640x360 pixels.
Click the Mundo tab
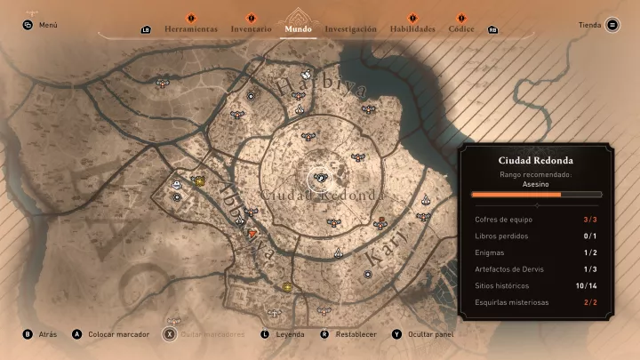(298, 29)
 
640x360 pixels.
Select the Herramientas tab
(191, 29)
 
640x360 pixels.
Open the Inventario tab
(251, 29)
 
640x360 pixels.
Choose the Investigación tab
(350, 29)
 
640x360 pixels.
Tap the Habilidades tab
(412, 29)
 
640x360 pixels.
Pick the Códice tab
(461, 29)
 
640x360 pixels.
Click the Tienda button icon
(612, 25)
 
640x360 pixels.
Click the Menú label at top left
(48, 25)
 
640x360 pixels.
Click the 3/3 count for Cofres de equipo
(590, 219)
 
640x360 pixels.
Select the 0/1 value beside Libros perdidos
(590, 236)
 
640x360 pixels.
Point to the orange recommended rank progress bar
(516, 194)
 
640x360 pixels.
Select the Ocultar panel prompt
(430, 334)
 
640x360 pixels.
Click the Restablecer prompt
(356, 334)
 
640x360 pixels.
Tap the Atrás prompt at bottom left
(48, 334)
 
